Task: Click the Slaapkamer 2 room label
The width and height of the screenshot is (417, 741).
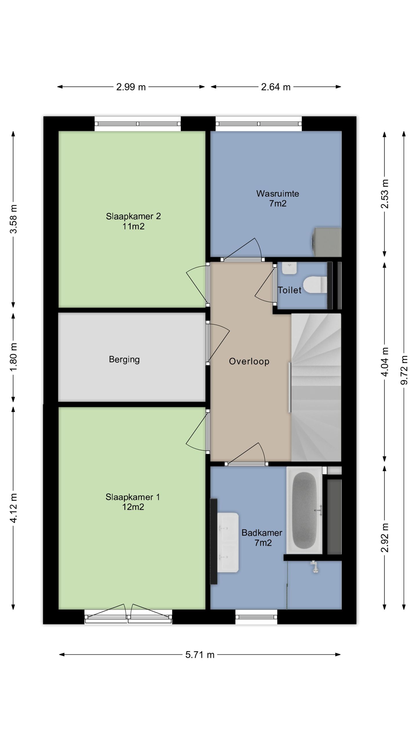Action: tap(133, 216)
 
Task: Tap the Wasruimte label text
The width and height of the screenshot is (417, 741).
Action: tap(277, 193)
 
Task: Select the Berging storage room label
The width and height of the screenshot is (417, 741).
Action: tap(124, 360)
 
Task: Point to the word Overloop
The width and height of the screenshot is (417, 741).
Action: tap(249, 362)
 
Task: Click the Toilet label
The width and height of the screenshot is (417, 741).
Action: tap(290, 290)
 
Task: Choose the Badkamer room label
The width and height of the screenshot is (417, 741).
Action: tap(262, 533)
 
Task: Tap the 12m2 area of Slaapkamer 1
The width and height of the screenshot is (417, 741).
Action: tap(133, 507)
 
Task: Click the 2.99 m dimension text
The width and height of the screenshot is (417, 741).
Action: tap(131, 87)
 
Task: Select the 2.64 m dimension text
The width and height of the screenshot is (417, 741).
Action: tap(276, 87)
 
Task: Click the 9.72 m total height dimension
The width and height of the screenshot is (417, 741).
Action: tap(404, 370)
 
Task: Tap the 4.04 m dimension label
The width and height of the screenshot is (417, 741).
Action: tap(385, 362)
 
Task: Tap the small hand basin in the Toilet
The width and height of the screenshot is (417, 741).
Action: tap(290, 268)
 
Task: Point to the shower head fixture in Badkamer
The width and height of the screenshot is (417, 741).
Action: tap(314, 566)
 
